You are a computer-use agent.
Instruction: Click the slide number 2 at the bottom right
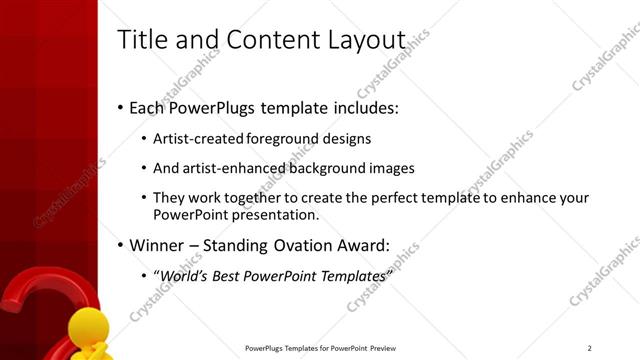pyautogui.click(x=590, y=348)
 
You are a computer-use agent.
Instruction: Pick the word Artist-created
pyautogui.click(x=200, y=139)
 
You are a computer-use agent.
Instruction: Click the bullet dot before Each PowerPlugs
pyautogui.click(x=120, y=106)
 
